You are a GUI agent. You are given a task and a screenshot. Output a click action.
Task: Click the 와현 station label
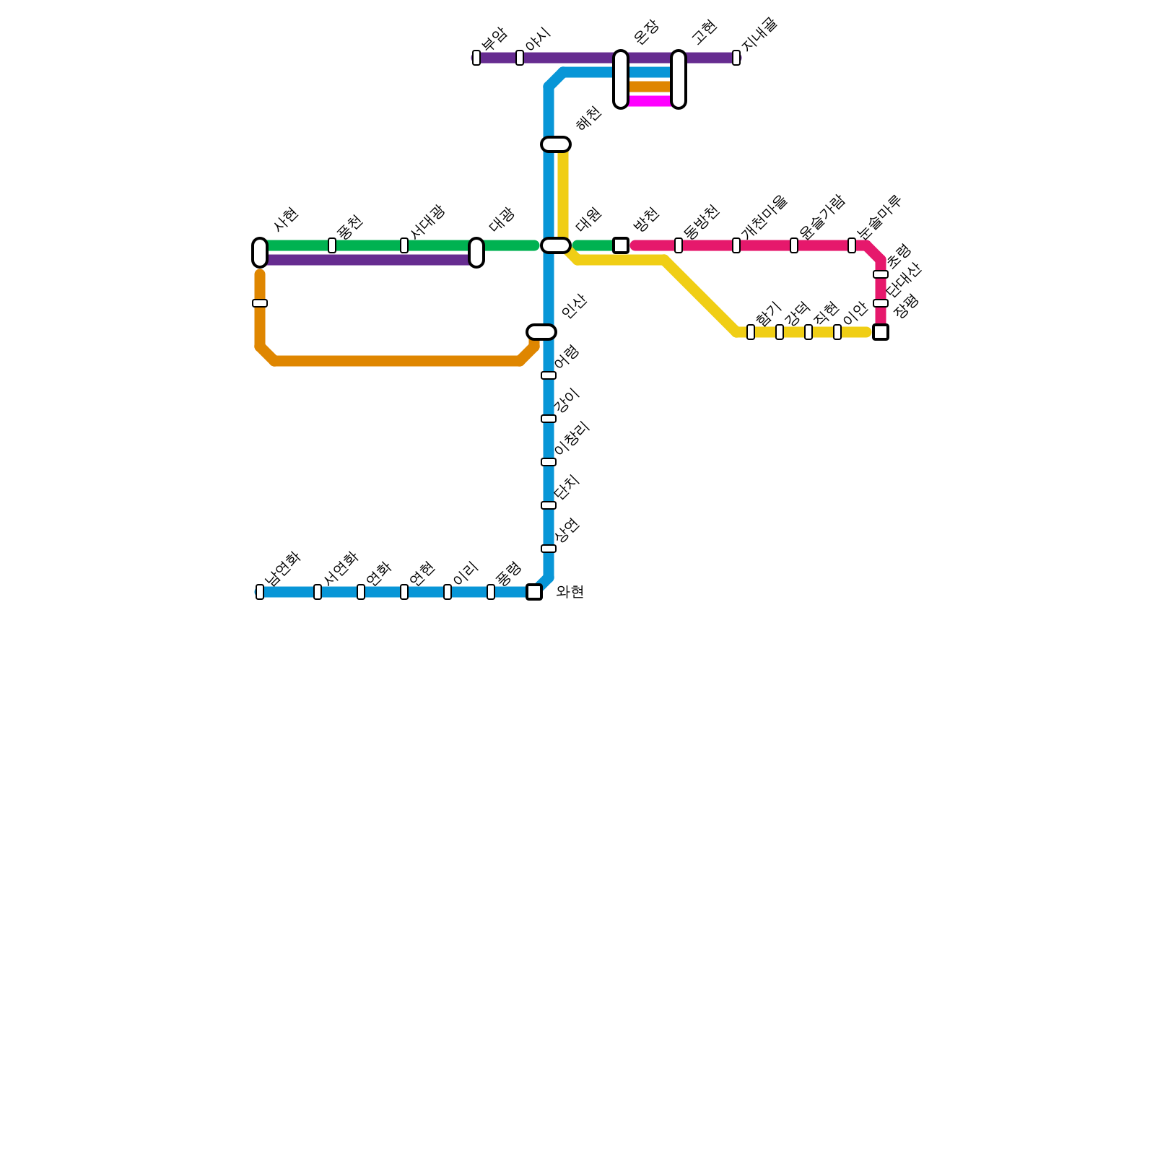(x=570, y=592)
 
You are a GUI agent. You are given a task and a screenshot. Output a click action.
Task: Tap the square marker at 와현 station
(x=534, y=592)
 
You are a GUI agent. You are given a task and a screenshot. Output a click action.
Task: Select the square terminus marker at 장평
(x=881, y=332)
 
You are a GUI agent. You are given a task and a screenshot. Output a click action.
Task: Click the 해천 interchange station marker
(x=556, y=144)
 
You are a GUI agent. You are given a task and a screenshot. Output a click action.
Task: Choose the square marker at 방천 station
(x=621, y=245)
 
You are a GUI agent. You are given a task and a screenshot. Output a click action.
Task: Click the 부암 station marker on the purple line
(x=476, y=58)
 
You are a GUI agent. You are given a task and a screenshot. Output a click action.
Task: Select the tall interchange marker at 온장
(x=621, y=79)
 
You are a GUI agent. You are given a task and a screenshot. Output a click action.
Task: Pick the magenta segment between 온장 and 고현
(x=650, y=101)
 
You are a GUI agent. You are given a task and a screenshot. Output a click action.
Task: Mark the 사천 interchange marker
(x=260, y=253)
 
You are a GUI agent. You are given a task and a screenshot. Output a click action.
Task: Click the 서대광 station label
(x=427, y=221)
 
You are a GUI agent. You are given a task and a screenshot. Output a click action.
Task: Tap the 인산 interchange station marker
(x=541, y=332)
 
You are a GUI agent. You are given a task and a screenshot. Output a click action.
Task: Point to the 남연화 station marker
(x=260, y=592)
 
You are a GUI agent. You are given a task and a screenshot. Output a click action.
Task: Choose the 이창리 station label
(x=572, y=439)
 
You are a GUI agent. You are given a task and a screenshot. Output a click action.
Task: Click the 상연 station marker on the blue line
(x=549, y=549)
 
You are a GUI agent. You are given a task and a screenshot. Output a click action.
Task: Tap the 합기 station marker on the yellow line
(x=751, y=332)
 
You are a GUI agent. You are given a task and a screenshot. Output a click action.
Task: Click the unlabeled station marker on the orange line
(x=260, y=303)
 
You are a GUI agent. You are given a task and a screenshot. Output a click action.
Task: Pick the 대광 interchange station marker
(x=476, y=253)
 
